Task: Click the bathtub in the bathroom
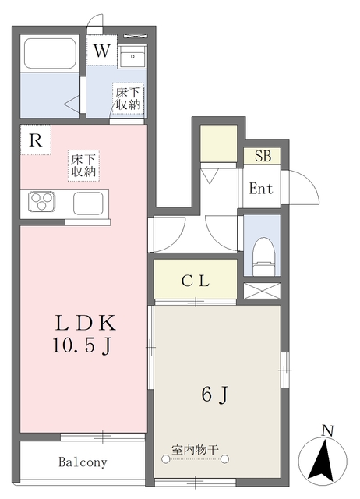tap(50, 53)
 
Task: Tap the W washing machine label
tap(102, 51)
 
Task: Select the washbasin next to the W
tap(132, 56)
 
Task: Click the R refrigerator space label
tap(35, 140)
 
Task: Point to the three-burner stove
tap(41, 201)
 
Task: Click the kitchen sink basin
tap(88, 203)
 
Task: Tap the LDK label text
tap(85, 323)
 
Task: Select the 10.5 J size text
tap(82, 345)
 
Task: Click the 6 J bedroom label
tap(215, 395)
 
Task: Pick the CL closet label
tap(196, 281)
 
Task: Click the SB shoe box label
tap(263, 156)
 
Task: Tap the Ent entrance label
tap(261, 189)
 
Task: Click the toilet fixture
tap(263, 257)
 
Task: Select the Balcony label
tap(83, 462)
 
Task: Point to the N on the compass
tap(327, 431)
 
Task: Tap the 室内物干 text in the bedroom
tap(195, 450)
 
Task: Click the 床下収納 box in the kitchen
tap(83, 165)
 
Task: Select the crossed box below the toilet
tap(262, 291)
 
